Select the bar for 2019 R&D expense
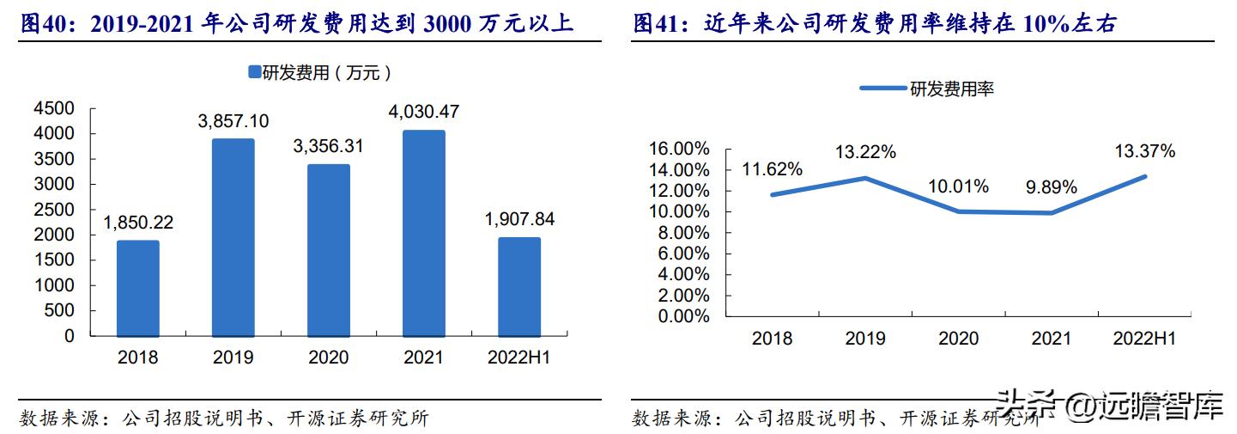233,237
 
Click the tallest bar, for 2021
424,233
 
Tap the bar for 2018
138,288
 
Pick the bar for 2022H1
519,286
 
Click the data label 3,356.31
328,146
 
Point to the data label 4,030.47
424,112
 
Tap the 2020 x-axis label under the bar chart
328,358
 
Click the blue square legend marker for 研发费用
254,73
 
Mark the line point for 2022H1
1144,176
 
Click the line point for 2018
773,194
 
